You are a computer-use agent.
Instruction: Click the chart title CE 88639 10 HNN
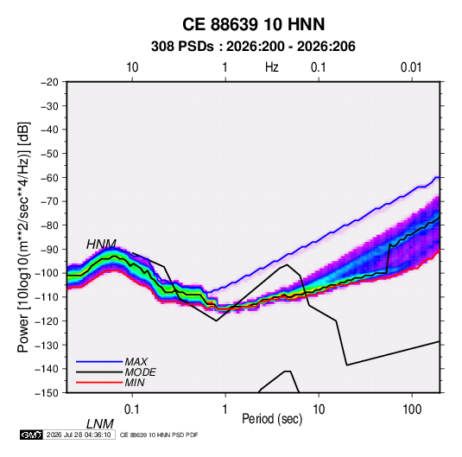pyautogui.click(x=253, y=24)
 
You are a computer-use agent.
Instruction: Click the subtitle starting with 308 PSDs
pyautogui.click(x=253, y=47)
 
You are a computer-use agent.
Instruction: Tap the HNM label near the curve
pyautogui.click(x=101, y=244)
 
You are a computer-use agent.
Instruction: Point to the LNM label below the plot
pyautogui.click(x=100, y=424)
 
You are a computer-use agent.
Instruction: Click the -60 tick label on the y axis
pyautogui.click(x=49, y=177)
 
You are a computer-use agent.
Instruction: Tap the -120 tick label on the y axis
pyautogui.click(x=47, y=321)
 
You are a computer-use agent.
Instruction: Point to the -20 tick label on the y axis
pyautogui.click(x=49, y=82)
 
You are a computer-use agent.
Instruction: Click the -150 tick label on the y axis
pyautogui.click(x=47, y=393)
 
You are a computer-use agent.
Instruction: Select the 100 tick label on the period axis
pyautogui.click(x=412, y=409)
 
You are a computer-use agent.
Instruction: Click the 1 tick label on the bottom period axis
pyautogui.click(x=225, y=409)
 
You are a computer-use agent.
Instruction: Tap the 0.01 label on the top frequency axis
pyautogui.click(x=411, y=67)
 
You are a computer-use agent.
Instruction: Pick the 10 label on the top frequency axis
pyautogui.click(x=132, y=67)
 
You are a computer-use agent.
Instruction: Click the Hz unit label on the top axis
pyautogui.click(x=272, y=67)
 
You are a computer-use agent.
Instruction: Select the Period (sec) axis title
pyautogui.click(x=272, y=419)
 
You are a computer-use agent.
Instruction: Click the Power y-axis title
pyautogui.click(x=23, y=238)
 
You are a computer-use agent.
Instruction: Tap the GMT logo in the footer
pyautogui.click(x=31, y=435)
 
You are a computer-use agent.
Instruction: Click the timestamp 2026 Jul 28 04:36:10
pyautogui.click(x=79, y=435)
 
